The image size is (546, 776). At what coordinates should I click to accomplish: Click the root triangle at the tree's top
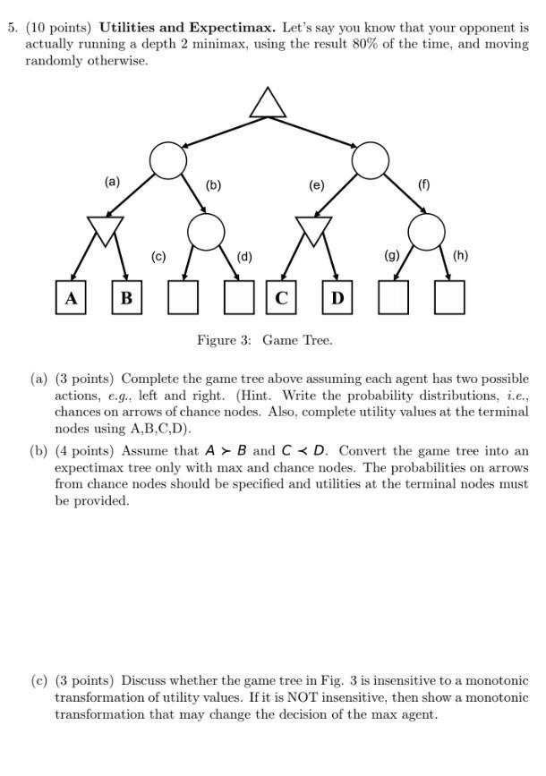(x=268, y=105)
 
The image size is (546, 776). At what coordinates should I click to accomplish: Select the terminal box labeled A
(x=69, y=297)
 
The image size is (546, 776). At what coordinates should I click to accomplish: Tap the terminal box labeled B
(x=126, y=297)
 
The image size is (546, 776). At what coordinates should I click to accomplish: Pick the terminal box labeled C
(x=280, y=297)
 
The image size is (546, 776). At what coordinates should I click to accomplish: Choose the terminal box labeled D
(x=337, y=297)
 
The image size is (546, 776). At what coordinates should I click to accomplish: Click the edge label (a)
(x=111, y=182)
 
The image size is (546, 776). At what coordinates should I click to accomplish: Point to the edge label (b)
(x=213, y=186)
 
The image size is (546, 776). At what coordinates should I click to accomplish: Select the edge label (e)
(x=316, y=186)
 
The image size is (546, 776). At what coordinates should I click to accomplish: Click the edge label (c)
(x=158, y=257)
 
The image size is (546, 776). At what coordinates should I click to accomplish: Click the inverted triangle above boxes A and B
(x=106, y=231)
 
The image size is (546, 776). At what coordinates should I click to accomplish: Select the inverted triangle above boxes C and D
(x=313, y=231)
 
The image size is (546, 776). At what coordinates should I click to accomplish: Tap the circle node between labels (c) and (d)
(x=207, y=233)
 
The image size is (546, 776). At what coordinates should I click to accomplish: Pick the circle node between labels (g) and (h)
(x=426, y=233)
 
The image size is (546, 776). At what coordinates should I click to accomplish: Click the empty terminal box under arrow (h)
(x=449, y=297)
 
